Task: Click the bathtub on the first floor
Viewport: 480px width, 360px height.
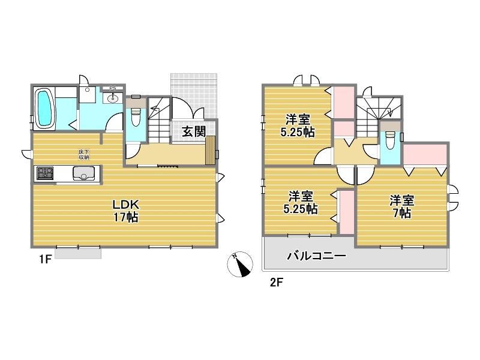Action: click(44, 108)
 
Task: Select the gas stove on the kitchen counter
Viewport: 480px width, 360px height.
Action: click(45, 173)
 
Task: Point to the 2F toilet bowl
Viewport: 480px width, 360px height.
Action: click(389, 140)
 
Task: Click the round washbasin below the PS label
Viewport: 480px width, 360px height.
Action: click(113, 98)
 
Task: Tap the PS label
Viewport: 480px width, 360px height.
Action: click(113, 88)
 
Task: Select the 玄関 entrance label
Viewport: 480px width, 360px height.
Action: click(194, 131)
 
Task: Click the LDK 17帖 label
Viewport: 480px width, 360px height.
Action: click(126, 211)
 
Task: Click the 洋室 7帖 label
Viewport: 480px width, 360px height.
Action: click(401, 207)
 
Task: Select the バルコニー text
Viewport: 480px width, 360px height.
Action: click(317, 256)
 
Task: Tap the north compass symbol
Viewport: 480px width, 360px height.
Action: click(240, 264)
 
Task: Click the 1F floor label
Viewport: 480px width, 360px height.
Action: click(44, 260)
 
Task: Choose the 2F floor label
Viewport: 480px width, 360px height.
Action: click(276, 282)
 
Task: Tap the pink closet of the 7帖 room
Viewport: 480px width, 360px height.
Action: click(425, 154)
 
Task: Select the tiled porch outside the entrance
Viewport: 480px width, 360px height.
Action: click(194, 95)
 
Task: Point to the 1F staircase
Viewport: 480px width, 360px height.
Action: click(159, 120)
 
